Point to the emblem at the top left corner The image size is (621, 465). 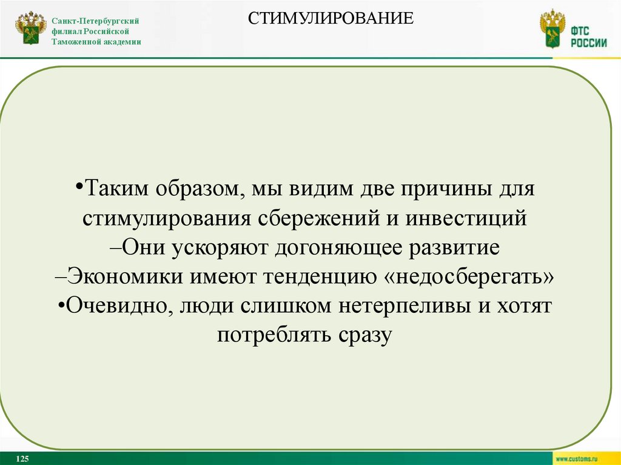(x=30, y=28)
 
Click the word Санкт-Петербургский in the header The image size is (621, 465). (x=95, y=21)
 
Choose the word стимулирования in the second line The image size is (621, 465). (x=164, y=219)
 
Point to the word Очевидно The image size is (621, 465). (x=113, y=306)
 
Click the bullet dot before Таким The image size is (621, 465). (x=81, y=186)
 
